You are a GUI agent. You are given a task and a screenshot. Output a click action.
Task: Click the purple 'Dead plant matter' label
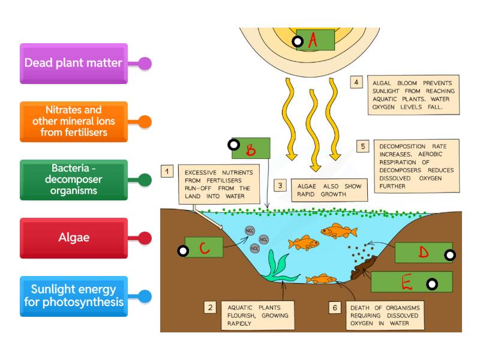[73, 63]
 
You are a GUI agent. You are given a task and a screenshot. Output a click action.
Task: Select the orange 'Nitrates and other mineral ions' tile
[73, 121]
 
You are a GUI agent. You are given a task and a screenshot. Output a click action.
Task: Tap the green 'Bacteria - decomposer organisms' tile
[73, 179]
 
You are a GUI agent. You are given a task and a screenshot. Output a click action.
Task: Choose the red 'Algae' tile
[73, 238]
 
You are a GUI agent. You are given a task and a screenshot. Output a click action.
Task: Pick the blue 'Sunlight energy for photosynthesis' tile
[73, 295]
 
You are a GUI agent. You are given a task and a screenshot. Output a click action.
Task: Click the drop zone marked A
[315, 40]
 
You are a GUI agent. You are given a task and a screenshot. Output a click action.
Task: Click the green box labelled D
[423, 253]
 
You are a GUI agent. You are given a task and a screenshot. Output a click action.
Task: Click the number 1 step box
[168, 172]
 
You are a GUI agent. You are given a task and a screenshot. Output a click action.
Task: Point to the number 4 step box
[357, 82]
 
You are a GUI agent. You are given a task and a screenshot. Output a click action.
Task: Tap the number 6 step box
[335, 308]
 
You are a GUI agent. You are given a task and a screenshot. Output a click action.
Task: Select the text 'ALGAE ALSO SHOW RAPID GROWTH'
[327, 190]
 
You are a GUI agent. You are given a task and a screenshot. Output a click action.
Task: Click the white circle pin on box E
[431, 284]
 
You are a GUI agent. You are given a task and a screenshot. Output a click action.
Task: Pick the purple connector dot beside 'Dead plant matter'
[145, 63]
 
